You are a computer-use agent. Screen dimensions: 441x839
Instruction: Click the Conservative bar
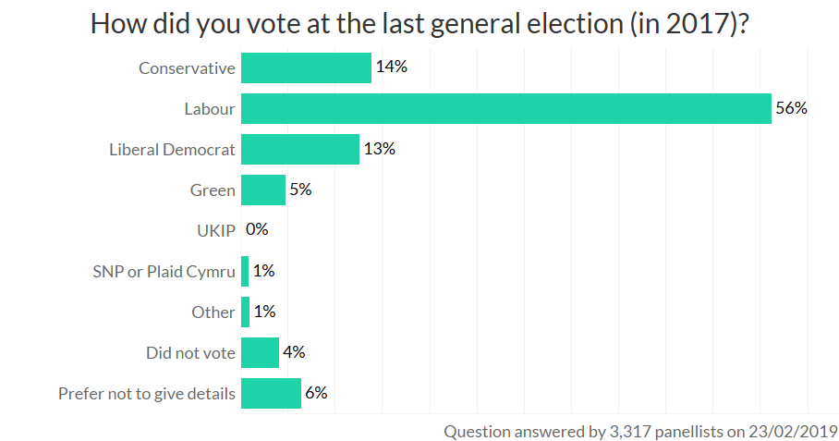click(306, 67)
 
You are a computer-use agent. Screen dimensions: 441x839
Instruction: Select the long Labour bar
click(505, 108)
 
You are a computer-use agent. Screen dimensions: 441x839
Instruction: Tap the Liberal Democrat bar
click(299, 149)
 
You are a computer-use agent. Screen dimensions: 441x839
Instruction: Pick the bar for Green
click(263, 190)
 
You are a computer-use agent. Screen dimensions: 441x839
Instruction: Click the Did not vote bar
click(260, 352)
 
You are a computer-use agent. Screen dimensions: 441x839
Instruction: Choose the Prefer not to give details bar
click(271, 393)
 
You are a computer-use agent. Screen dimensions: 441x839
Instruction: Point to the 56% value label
click(792, 108)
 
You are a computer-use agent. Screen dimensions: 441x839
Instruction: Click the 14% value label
click(392, 67)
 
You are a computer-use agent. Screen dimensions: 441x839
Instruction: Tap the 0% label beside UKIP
click(257, 230)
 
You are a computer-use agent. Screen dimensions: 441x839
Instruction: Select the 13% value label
click(380, 149)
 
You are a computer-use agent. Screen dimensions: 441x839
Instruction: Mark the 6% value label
click(316, 393)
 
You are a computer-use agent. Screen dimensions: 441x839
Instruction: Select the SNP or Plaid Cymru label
click(164, 272)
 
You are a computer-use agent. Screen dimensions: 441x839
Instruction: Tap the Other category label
click(213, 312)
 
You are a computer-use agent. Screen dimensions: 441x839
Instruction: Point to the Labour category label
click(210, 109)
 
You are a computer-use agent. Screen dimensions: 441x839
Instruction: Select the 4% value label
click(294, 352)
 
